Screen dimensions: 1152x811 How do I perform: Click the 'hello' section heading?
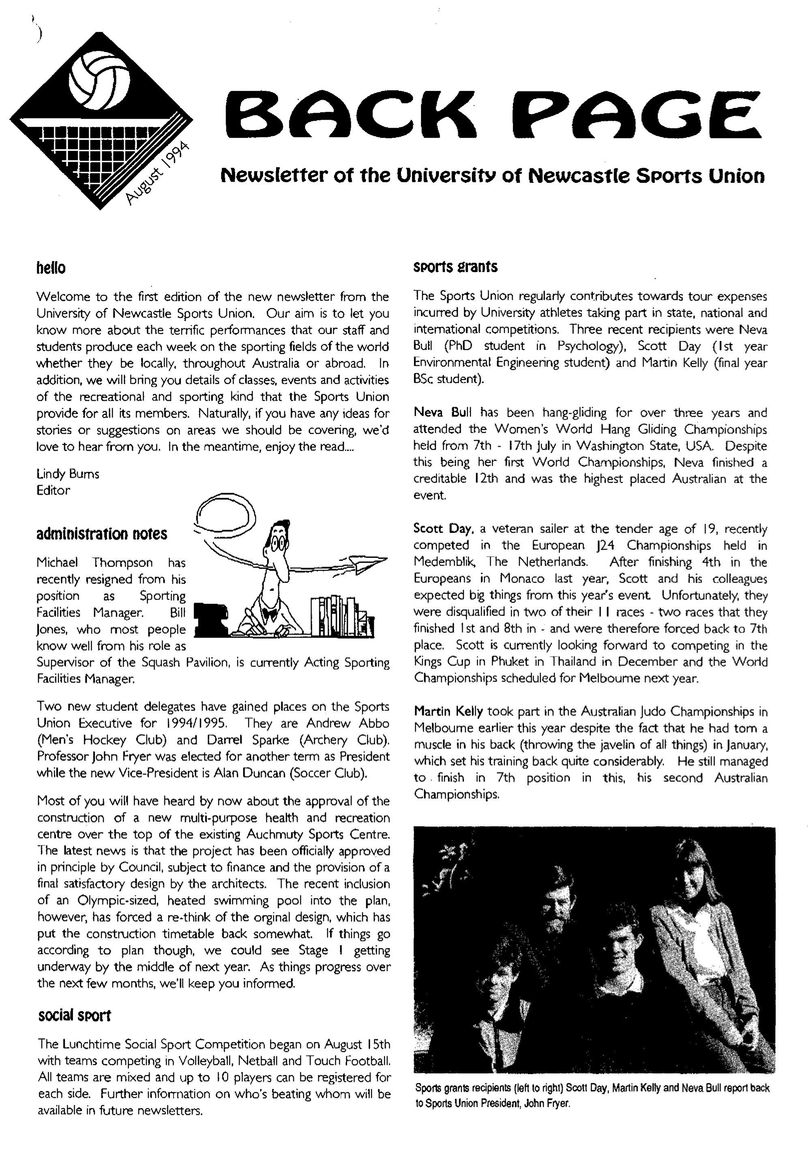[51, 268]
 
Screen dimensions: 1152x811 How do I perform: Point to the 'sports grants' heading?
[455, 267]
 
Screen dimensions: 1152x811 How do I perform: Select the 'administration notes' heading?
[101, 534]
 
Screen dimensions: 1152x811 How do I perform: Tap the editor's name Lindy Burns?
[68, 474]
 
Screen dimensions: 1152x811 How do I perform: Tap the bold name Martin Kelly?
[448, 712]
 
